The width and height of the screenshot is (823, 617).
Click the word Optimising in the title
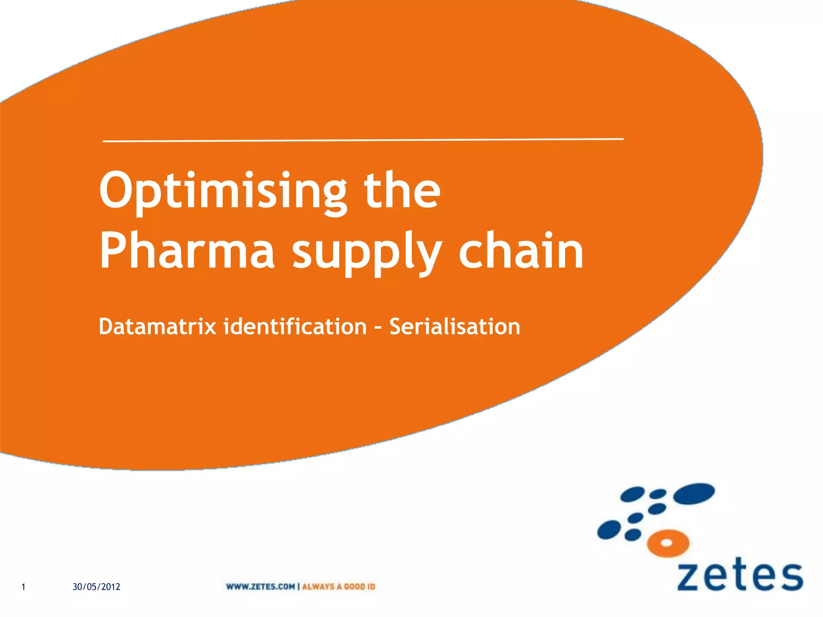[223, 191]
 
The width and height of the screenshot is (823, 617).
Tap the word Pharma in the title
[187, 251]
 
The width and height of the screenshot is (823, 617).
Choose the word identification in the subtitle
[295, 326]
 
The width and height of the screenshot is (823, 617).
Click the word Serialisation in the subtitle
[454, 326]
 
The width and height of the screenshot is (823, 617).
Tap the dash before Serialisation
[378, 327]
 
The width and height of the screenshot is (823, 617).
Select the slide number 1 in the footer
[23, 587]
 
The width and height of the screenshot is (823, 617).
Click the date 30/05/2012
[96, 587]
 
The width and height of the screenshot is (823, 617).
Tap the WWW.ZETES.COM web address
[260, 586]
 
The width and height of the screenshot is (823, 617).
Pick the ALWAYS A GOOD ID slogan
[338, 586]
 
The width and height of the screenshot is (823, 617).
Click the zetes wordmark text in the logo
[740, 577]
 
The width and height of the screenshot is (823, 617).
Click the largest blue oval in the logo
[694, 493]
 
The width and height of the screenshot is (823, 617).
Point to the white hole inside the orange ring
[666, 543]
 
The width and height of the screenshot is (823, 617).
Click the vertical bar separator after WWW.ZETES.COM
[298, 586]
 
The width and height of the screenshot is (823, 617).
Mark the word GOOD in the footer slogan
[354, 586]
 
